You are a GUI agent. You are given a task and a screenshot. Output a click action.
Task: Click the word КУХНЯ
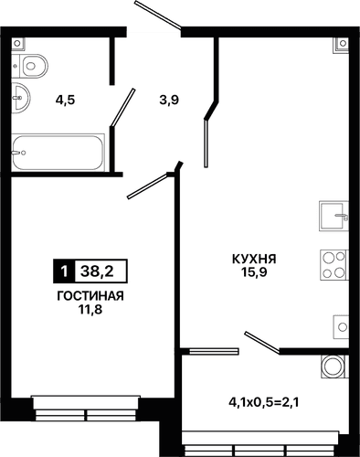253,259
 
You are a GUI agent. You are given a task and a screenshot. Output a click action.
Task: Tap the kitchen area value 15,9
253,272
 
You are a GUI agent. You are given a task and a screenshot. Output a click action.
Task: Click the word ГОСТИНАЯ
90,296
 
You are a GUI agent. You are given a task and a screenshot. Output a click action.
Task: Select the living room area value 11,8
90,310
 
